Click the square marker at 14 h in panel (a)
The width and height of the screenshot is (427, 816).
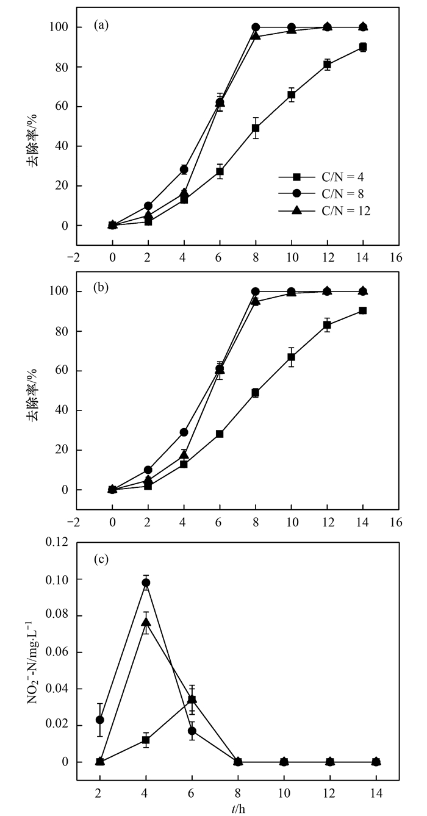pos(363,47)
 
